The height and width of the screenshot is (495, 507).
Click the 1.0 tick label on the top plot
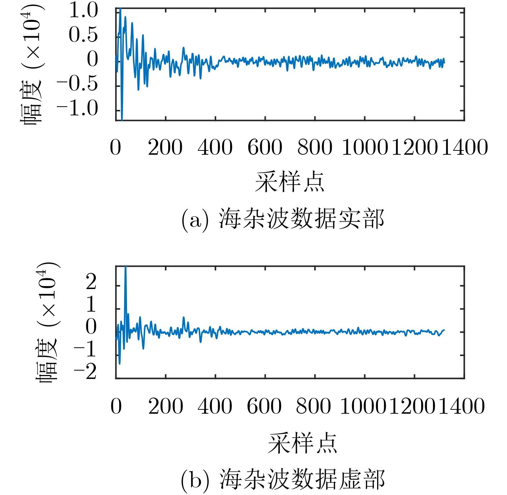pos(83,11)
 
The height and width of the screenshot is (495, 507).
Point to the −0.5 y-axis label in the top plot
pos(77,84)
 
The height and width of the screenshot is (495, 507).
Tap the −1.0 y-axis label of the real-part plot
pos(77,108)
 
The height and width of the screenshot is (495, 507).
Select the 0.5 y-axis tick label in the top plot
pos(83,35)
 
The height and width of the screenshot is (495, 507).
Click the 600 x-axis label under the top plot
pos(265,147)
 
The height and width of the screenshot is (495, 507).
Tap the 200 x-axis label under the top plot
pos(165,147)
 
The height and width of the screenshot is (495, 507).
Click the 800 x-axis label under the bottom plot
pos(313,406)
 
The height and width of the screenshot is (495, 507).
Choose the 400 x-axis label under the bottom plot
pos(215,406)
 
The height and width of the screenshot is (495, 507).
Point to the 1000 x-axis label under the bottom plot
pos(363,406)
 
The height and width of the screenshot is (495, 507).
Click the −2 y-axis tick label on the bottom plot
pos(85,371)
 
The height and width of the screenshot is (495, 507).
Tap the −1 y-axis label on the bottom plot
pos(85,349)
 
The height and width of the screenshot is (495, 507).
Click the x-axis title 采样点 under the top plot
pos(289,182)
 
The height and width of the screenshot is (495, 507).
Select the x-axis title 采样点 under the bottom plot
pos(303,443)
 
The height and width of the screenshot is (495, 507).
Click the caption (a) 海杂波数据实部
pos(283,219)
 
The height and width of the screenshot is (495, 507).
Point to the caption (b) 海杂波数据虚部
pos(283,479)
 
